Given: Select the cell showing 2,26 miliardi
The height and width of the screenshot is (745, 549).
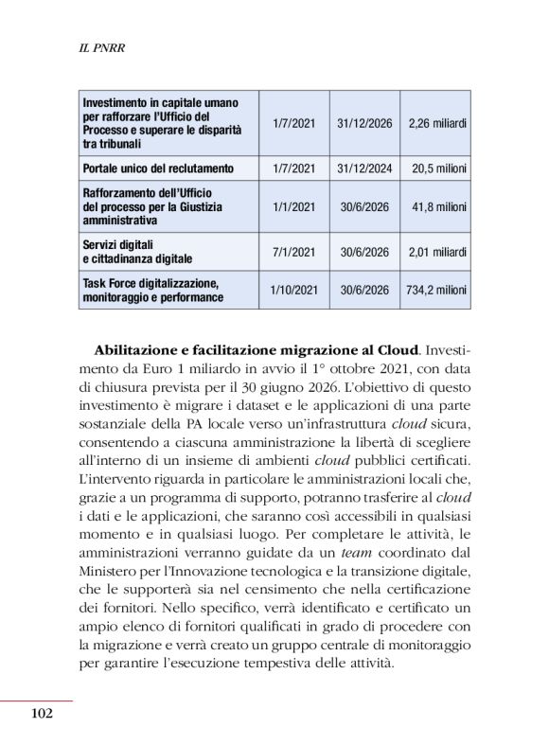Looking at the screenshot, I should click(437, 123).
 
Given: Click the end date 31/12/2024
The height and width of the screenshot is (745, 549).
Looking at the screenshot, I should click(364, 168).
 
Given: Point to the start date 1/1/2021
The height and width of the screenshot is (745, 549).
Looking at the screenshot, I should click(292, 205).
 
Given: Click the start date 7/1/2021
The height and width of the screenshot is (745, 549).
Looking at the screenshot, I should click(292, 252).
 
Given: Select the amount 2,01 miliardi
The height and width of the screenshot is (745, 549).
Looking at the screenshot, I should click(437, 252).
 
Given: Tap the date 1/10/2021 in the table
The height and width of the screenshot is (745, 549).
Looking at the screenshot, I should click(292, 290).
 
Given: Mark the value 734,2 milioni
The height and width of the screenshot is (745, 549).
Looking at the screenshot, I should click(437, 290).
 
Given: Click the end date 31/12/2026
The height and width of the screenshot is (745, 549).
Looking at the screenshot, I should click(364, 123).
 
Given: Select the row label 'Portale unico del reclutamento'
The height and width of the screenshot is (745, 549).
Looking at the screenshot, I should click(158, 168).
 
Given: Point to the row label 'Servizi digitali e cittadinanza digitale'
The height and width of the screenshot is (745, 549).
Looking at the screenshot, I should click(137, 252).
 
